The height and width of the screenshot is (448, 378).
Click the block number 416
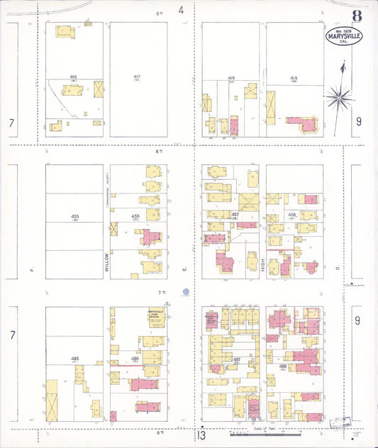coord(74,76)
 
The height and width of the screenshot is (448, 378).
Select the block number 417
coord(137,76)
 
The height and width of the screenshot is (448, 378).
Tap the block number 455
coord(74,215)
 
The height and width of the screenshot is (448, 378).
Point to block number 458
coord(292,214)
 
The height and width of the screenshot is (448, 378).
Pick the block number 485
coord(74,359)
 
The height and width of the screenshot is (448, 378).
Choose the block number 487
coord(235,360)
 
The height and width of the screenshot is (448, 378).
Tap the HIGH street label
coord(262,266)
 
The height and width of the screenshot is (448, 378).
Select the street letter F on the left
coord(32,269)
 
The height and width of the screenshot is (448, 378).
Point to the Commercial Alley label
coord(107,188)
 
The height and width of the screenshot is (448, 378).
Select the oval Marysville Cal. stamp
coord(344,36)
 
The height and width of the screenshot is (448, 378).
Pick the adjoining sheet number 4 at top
coord(181,10)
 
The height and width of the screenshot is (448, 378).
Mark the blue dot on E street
coord(186,291)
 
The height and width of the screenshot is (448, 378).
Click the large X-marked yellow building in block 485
coord(52,401)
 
